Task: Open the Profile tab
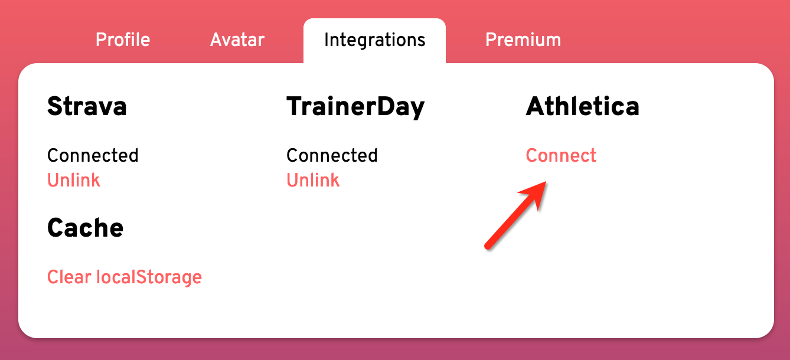point(123,40)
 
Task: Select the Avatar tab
point(237,40)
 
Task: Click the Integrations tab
point(374,40)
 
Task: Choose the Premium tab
point(523,40)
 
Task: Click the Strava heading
point(87,106)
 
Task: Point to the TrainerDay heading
point(355,107)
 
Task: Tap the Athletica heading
point(582,106)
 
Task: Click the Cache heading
point(86,228)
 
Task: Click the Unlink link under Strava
point(74,180)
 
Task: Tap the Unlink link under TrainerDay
point(313,180)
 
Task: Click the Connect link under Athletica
point(561,155)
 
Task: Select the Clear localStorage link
point(125,277)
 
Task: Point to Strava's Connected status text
point(93,155)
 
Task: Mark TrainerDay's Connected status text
point(332,155)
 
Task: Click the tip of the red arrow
point(546,182)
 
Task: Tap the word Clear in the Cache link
point(69,277)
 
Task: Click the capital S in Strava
point(55,106)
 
